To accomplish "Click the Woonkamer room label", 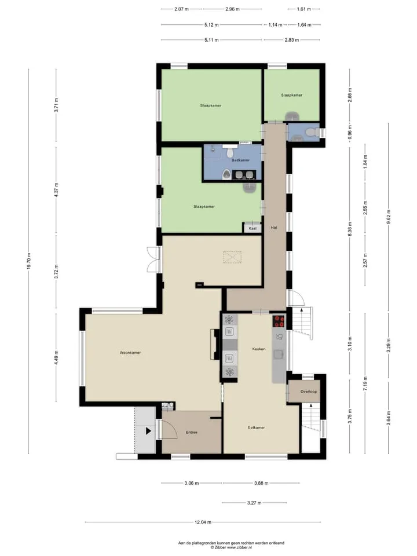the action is [x=130, y=353].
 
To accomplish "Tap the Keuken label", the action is [x=259, y=349].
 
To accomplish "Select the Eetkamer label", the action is [x=257, y=427].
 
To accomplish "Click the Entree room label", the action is [x=192, y=433].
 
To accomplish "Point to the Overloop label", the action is [x=309, y=392].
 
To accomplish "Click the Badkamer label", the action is [x=241, y=160].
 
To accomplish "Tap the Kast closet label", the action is [x=253, y=228].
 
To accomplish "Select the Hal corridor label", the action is [x=274, y=228].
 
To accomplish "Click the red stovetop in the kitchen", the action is [x=279, y=321].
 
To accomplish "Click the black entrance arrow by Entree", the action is [x=148, y=431].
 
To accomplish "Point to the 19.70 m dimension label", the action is [x=29, y=261].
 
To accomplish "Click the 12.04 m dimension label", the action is [x=203, y=522].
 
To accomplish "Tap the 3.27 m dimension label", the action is [x=254, y=503].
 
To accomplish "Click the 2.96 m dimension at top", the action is [x=233, y=9].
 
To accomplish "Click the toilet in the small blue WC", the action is [x=311, y=132].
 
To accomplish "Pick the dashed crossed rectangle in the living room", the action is [x=233, y=257].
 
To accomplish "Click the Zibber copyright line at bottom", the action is [x=231, y=548].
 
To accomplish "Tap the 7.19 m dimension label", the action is [x=365, y=383].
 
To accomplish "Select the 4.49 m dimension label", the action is [x=56, y=357].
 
